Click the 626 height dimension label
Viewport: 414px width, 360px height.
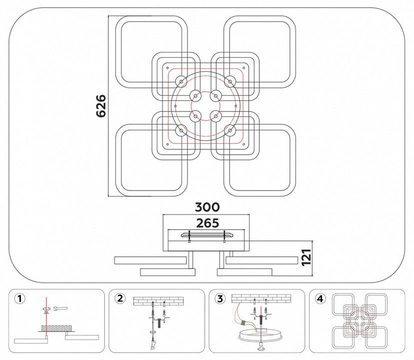click(x=101, y=105)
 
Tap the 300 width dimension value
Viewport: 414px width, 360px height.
click(x=207, y=207)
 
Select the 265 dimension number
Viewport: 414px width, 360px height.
click(x=208, y=223)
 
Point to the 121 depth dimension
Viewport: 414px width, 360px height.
click(x=306, y=257)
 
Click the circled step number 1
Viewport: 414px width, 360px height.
click(x=20, y=298)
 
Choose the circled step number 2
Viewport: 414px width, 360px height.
click(x=120, y=298)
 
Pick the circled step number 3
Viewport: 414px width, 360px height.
click(x=220, y=298)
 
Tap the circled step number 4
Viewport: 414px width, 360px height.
click(x=320, y=298)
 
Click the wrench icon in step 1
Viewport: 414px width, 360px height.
click(x=60, y=308)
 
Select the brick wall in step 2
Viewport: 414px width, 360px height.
click(x=158, y=301)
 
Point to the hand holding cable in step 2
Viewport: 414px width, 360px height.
click(x=153, y=345)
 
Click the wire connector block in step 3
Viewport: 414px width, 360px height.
click(x=244, y=323)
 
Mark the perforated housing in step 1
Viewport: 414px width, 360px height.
click(x=56, y=328)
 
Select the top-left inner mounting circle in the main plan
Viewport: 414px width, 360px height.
click(x=195, y=95)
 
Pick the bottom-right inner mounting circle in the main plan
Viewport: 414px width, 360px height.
click(x=216, y=116)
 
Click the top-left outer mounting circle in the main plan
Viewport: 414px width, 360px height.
click(x=181, y=81)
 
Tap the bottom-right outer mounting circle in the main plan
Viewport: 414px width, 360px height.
click(x=230, y=130)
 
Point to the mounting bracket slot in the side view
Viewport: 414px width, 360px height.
click(x=207, y=235)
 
